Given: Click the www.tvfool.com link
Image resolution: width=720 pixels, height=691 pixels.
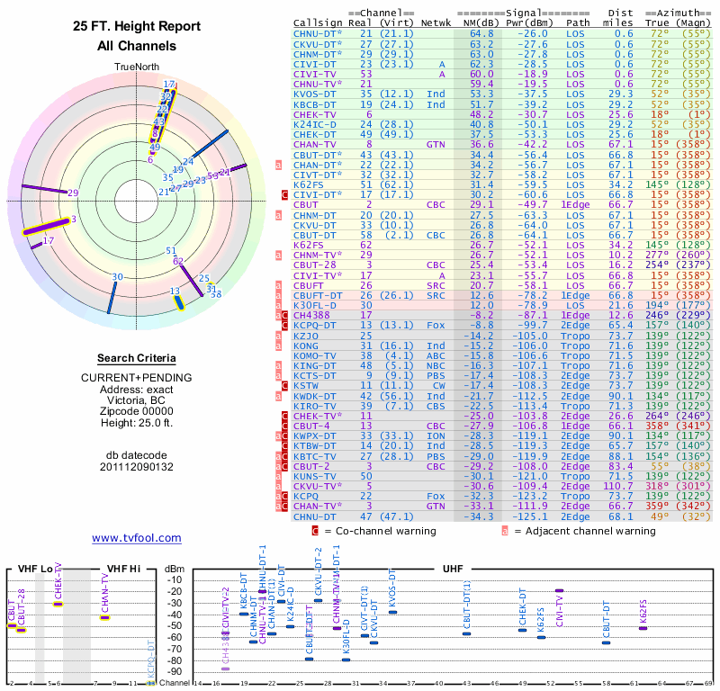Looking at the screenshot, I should click(x=136, y=538).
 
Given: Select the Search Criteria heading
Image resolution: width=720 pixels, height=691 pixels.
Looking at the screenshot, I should click(x=136, y=358).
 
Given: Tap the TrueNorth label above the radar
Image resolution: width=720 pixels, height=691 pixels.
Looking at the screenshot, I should click(x=136, y=67).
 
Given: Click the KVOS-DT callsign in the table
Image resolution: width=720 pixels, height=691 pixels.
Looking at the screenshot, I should click(x=314, y=94).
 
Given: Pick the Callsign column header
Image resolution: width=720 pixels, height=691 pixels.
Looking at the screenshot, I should click(x=318, y=23).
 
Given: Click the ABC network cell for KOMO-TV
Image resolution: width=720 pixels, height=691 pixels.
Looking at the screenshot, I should click(x=436, y=355).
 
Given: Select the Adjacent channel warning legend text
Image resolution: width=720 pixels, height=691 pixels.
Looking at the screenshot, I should click(x=584, y=532).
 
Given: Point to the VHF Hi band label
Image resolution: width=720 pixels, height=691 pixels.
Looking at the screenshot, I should click(x=123, y=569).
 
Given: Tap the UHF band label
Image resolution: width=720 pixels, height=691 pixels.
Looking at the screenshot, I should click(x=454, y=569).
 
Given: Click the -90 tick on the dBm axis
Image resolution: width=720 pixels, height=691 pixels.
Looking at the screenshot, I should click(x=175, y=671).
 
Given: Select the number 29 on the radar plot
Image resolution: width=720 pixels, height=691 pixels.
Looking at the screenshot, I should click(x=74, y=193).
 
